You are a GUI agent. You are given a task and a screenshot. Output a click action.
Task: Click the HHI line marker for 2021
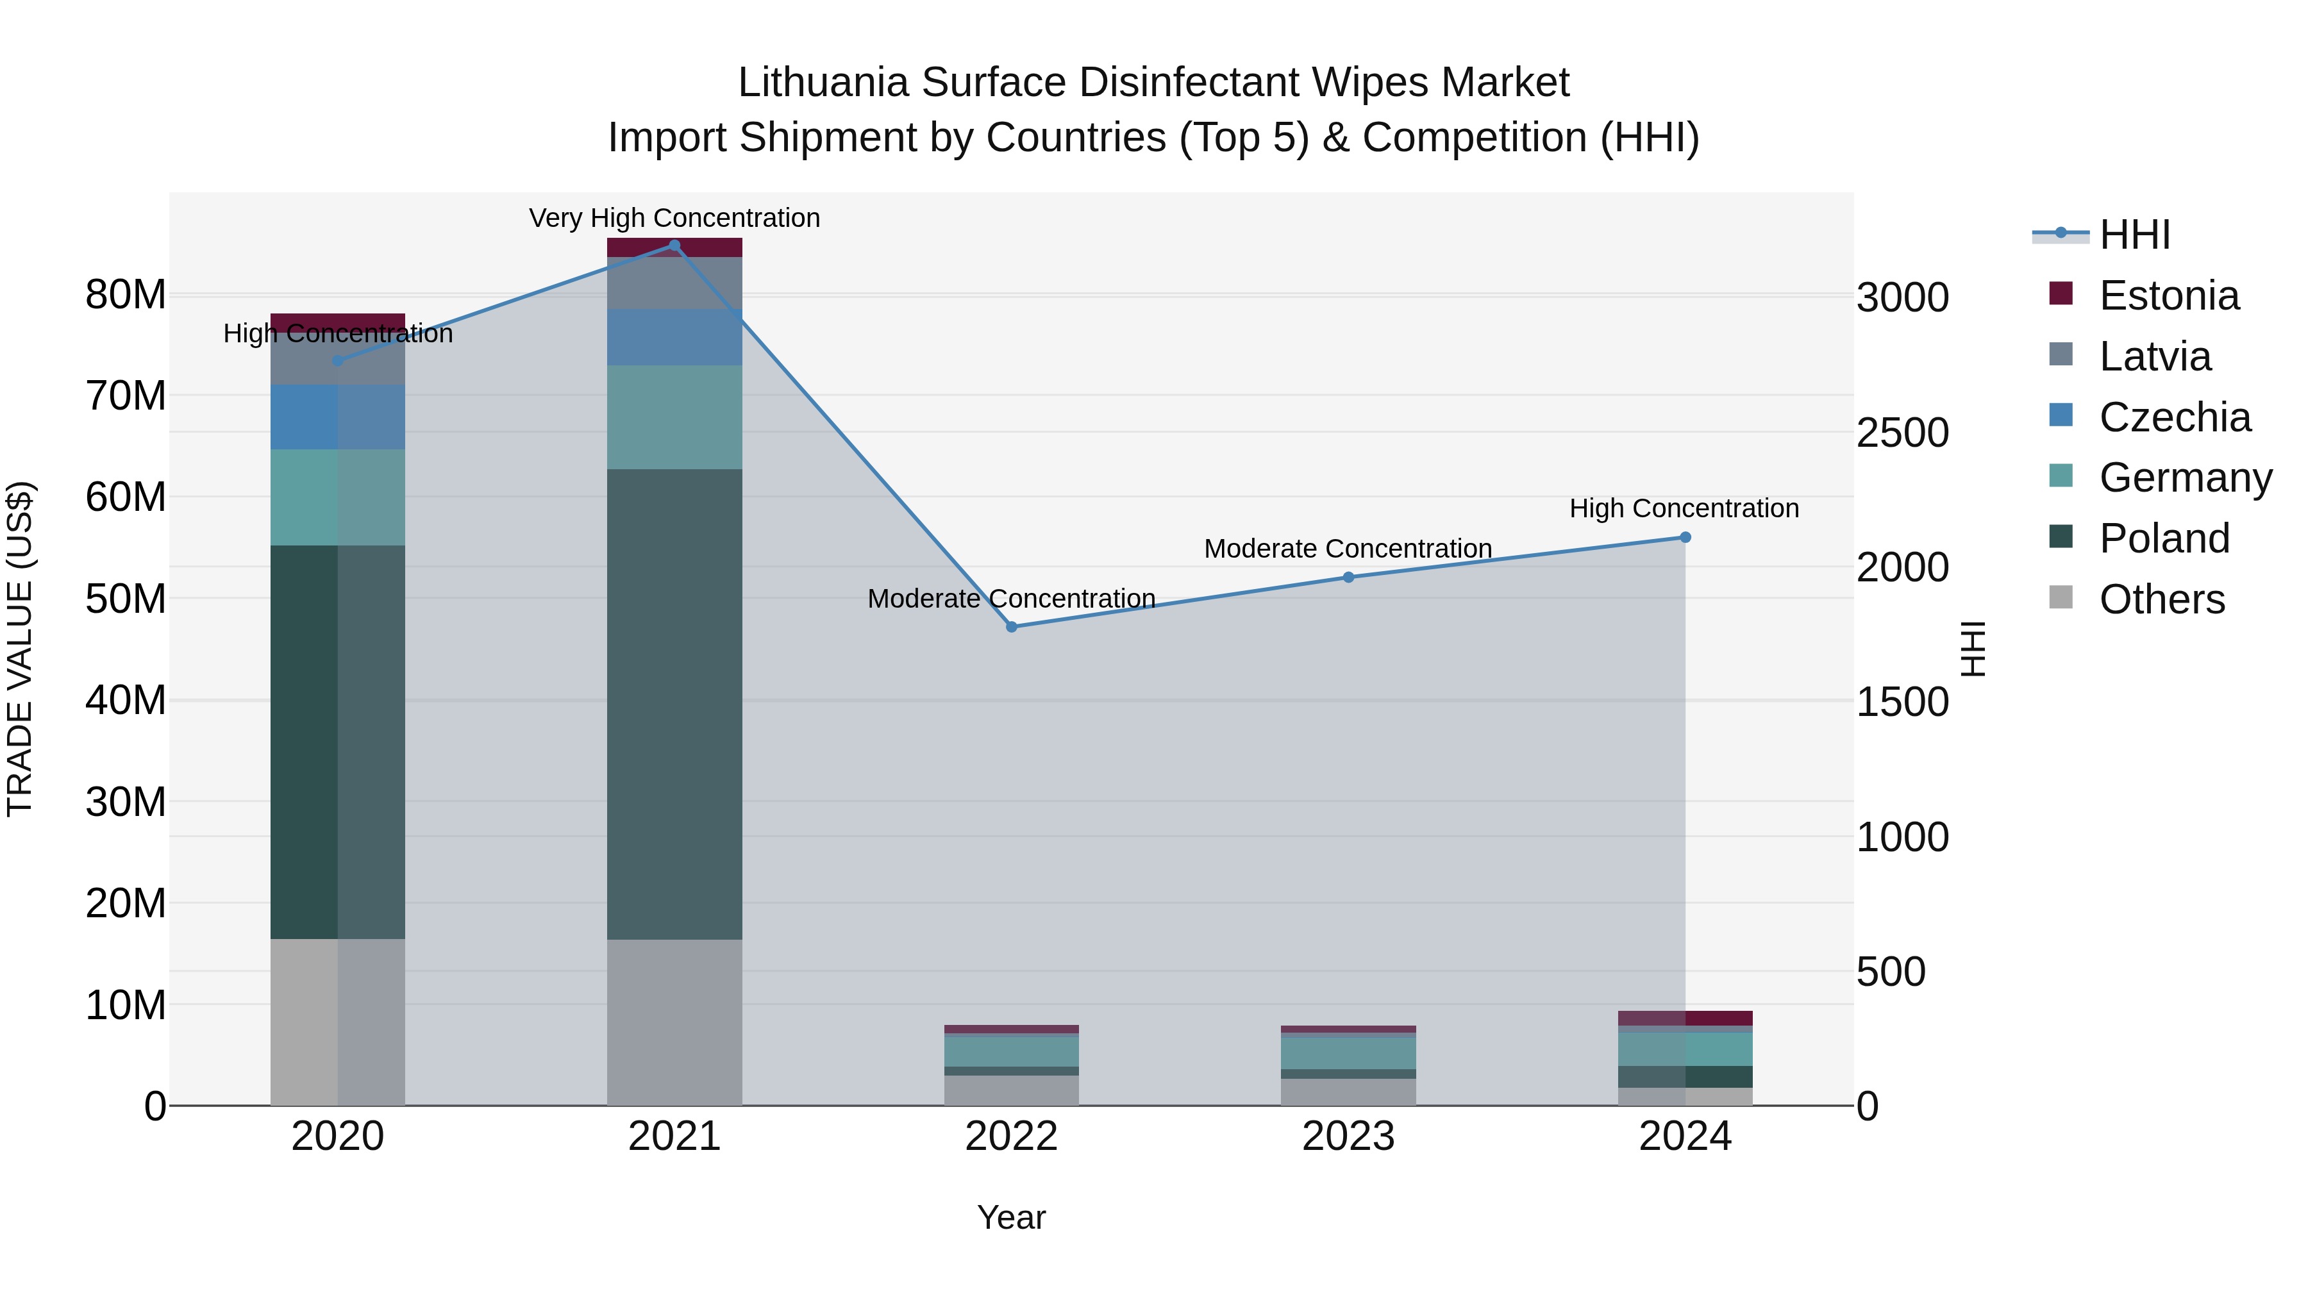click(674, 245)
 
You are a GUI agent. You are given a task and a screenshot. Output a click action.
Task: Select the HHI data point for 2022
click(1012, 627)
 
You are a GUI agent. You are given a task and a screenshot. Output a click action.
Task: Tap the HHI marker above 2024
click(1685, 538)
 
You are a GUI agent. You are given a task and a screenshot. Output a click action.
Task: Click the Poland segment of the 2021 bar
click(674, 703)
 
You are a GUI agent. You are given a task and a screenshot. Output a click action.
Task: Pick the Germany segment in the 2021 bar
click(674, 417)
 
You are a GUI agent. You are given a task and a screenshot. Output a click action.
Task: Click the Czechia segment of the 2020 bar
click(338, 417)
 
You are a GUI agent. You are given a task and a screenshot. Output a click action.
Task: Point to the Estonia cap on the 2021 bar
click(674, 248)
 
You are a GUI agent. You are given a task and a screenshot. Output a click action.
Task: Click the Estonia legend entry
click(2168, 295)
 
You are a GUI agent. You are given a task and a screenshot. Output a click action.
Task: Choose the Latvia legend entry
click(2155, 356)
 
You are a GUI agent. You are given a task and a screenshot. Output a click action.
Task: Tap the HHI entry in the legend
click(2134, 235)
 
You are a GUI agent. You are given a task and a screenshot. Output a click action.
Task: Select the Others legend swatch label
click(2161, 599)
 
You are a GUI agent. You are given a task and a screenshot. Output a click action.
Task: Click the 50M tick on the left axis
click(126, 599)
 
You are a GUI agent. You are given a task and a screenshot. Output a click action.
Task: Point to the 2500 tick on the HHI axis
click(1902, 433)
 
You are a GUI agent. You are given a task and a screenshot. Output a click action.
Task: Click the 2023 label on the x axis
click(1348, 1136)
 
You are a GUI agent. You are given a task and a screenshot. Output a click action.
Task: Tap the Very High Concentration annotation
click(674, 218)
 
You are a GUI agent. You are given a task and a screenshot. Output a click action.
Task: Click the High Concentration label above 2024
click(1684, 508)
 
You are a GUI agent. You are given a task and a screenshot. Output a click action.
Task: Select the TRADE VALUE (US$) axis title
click(20, 649)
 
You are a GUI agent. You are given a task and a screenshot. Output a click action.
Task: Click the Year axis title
click(1012, 1217)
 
